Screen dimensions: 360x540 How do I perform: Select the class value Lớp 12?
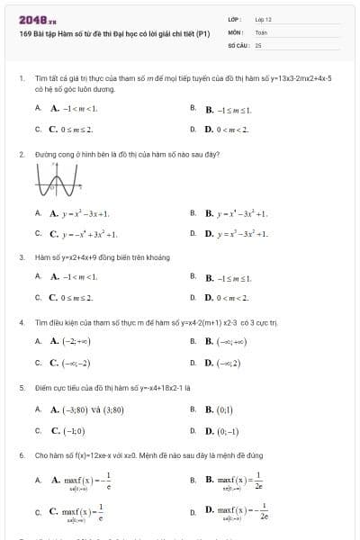[263, 19]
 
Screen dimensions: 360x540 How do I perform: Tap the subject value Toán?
[261, 31]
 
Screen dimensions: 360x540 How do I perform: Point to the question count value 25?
[257, 43]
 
